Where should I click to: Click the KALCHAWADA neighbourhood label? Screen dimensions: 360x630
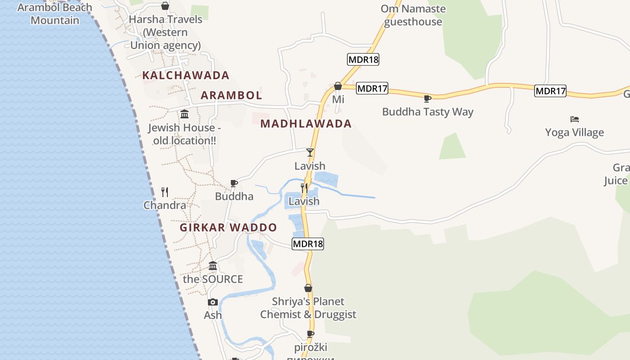(186, 75)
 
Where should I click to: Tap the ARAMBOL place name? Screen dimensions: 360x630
(231, 95)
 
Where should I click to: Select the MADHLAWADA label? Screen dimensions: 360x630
(306, 124)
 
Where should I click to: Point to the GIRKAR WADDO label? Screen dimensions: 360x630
(228, 227)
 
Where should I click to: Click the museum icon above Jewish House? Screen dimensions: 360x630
(184, 114)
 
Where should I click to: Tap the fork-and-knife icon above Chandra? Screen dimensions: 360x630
(165, 192)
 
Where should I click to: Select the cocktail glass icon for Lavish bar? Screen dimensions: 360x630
(310, 153)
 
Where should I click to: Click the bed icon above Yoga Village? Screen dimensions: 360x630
(574, 119)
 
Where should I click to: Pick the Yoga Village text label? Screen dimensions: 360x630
(574, 132)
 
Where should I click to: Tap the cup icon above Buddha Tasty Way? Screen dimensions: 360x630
(427, 99)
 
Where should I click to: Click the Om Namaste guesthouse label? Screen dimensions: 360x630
(413, 15)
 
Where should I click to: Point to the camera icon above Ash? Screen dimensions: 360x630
(213, 302)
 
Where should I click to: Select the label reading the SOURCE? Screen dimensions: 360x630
(213, 279)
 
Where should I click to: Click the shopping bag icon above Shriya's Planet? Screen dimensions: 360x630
(308, 288)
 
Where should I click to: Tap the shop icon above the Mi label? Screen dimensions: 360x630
(338, 86)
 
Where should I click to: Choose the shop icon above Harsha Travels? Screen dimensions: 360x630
(165, 6)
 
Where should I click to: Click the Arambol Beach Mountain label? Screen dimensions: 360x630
(54, 14)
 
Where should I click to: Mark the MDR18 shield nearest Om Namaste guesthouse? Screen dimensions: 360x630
(363, 59)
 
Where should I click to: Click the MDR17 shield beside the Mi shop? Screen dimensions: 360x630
(372, 89)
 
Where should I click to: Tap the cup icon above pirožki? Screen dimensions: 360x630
(310, 334)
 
